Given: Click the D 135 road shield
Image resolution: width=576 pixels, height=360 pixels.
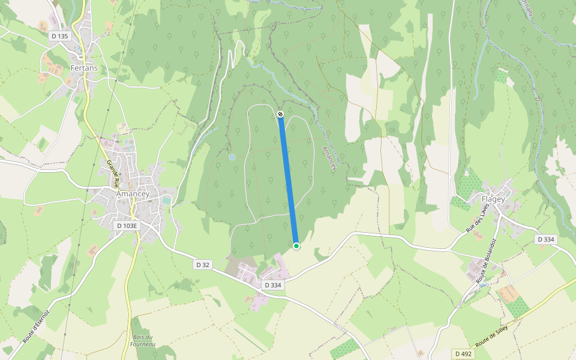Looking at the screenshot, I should point(60,36).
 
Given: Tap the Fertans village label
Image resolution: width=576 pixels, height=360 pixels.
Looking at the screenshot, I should point(84,68).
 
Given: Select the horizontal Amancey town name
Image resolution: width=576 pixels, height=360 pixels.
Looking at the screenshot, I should point(133,194).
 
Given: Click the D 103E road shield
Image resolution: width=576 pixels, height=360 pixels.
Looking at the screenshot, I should point(127,226).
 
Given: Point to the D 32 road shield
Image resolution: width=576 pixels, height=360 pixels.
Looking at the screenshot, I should point(202,264).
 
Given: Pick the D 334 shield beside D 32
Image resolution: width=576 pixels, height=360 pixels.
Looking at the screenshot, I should point(273,285).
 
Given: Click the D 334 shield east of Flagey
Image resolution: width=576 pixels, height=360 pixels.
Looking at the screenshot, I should point(546,239).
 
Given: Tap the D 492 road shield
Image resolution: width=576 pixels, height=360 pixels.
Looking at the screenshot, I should point(464,354).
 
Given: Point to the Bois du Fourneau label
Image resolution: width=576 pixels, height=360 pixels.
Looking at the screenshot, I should point(143,340).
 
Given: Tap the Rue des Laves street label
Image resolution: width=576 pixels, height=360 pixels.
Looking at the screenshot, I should point(478,218).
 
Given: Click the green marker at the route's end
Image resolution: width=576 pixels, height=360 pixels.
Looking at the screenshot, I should point(296,245).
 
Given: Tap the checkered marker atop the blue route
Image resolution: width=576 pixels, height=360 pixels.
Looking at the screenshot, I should point(280,113).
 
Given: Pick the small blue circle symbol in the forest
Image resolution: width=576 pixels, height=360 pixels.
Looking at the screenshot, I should point(232,157).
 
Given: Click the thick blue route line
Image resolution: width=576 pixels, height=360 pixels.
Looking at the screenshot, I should point(288,180).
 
